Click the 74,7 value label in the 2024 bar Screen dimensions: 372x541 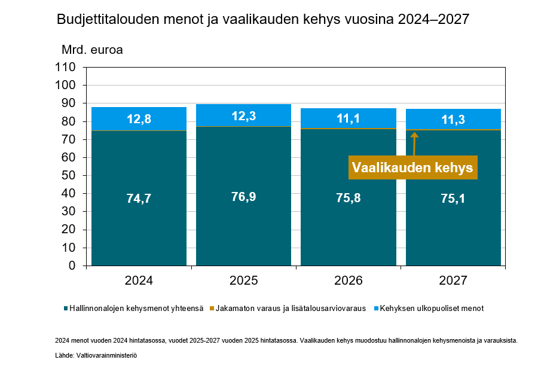pos(139,199)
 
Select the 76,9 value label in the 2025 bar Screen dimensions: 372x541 pos(243,197)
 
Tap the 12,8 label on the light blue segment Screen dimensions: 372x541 pos(139,119)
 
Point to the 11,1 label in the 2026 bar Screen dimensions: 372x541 pos(348,119)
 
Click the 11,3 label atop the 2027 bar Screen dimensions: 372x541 pos(453,119)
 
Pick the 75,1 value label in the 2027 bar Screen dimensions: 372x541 pos(453,199)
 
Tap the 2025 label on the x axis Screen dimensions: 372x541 pos(243,280)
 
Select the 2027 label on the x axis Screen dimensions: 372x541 pos(453,280)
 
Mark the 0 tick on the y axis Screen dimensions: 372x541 pos(72,266)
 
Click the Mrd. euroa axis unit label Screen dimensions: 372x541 pos(92,50)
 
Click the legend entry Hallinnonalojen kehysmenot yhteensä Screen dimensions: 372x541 pos(136,309)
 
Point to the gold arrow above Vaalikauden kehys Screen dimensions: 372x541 pos(414,144)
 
